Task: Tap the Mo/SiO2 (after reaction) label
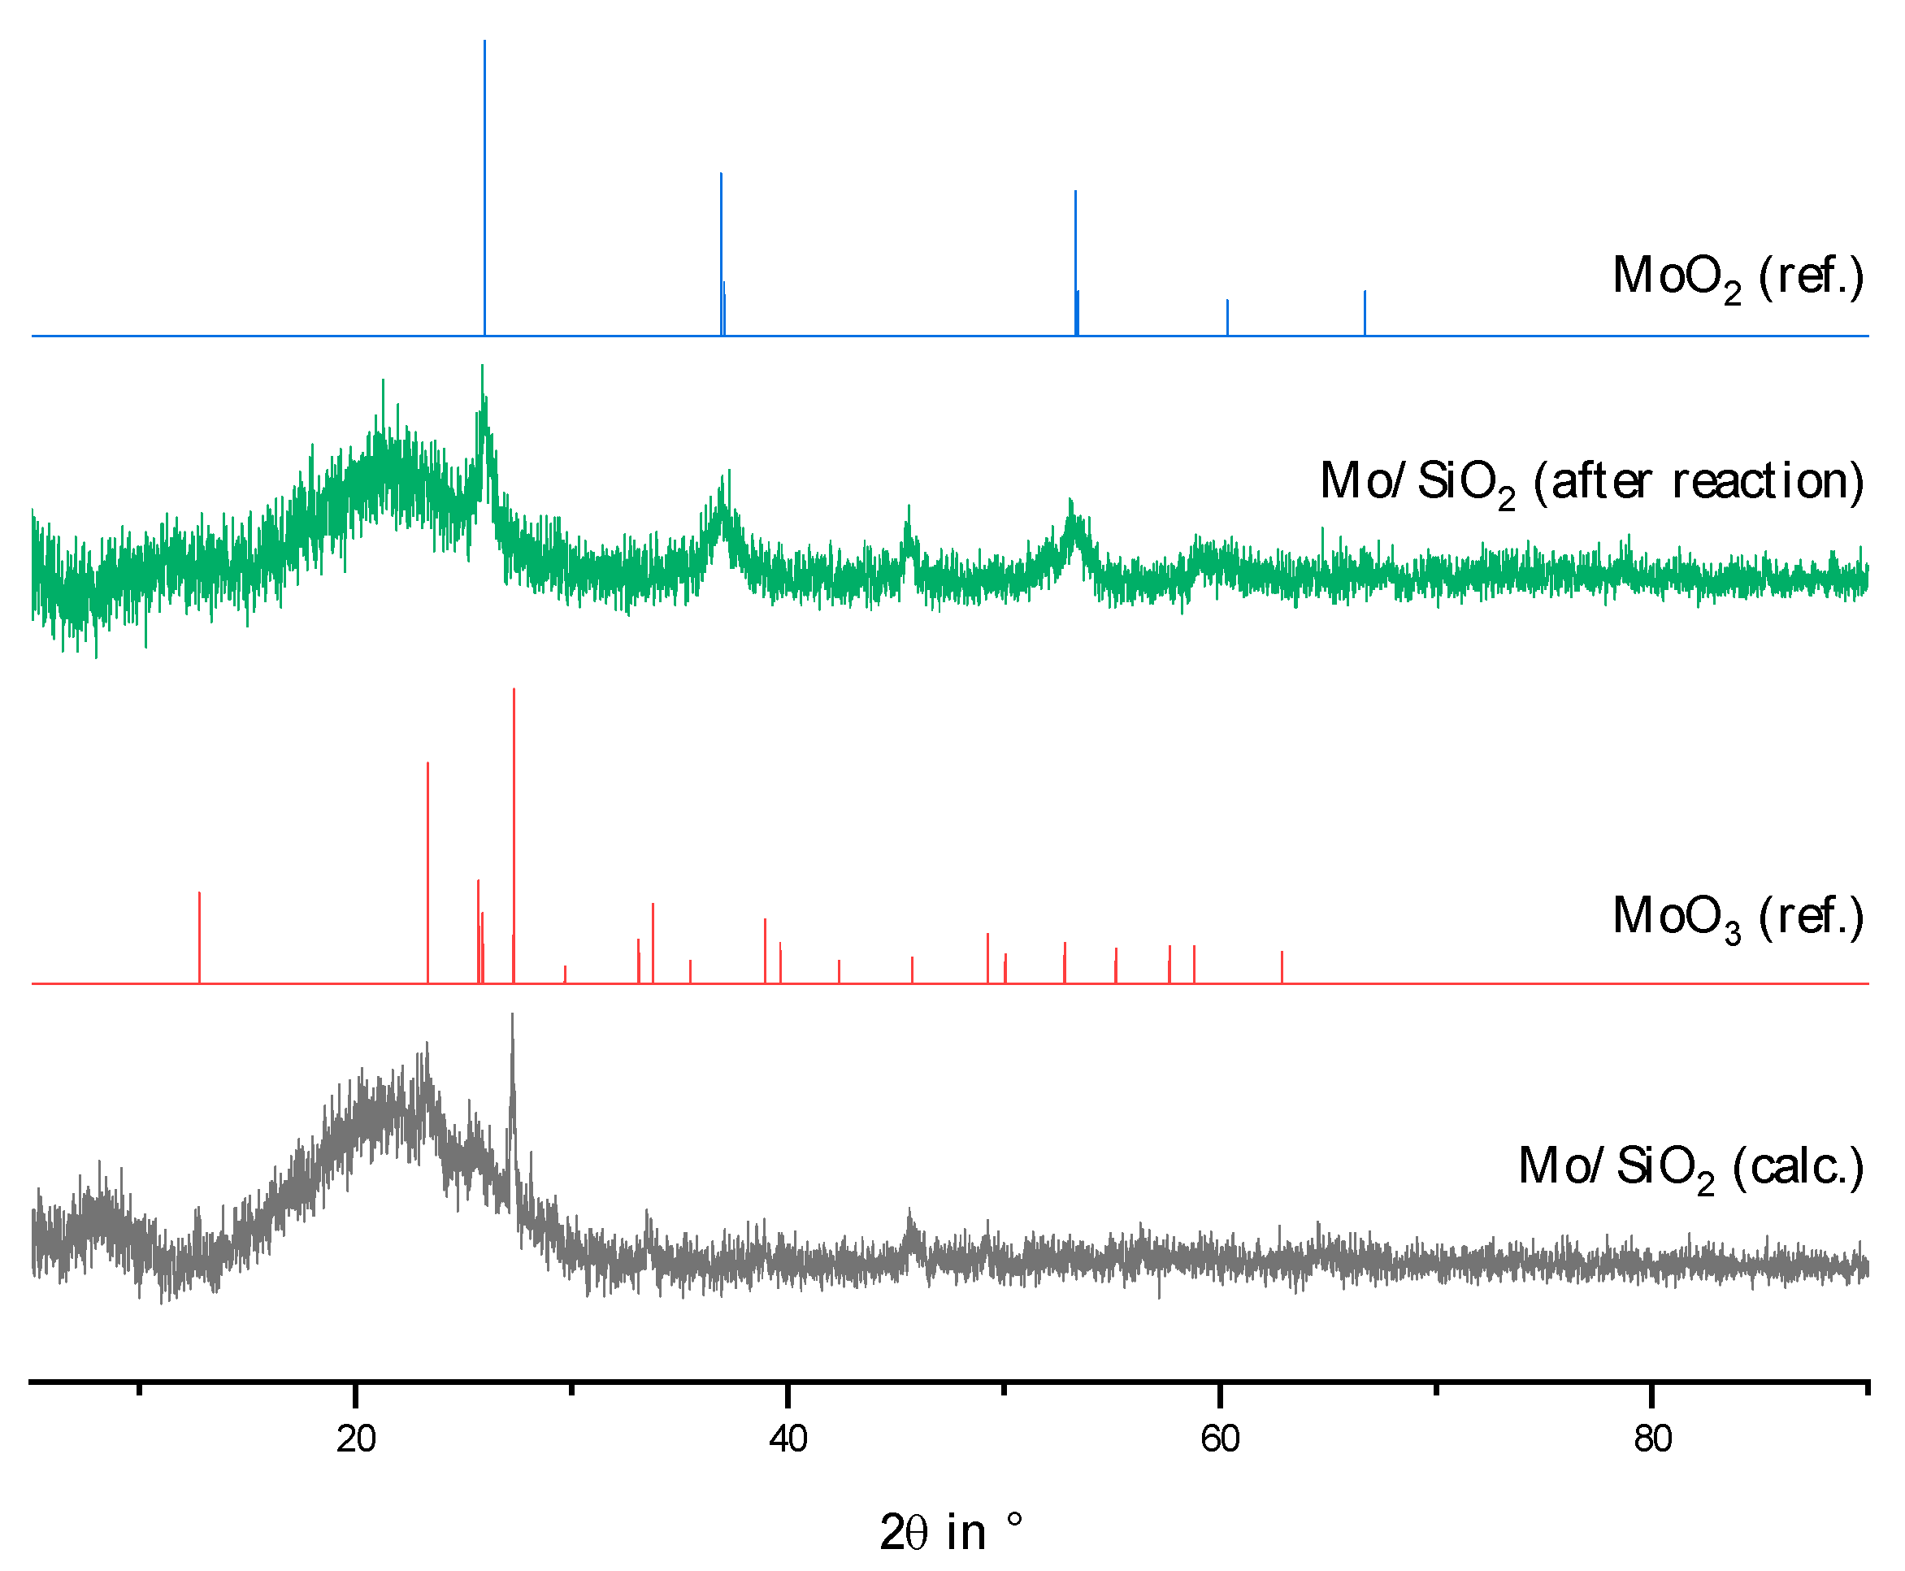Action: [x=1592, y=481]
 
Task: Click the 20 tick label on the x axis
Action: [x=356, y=1439]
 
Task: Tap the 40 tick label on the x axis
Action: [x=788, y=1439]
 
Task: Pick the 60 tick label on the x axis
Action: [x=1219, y=1439]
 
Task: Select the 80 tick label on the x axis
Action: [x=1651, y=1439]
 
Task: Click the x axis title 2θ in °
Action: [x=950, y=1532]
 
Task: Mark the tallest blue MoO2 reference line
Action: [x=484, y=181]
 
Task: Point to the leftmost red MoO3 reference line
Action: [x=199, y=936]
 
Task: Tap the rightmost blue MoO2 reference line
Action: [x=1364, y=312]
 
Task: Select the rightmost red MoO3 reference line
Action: [x=1282, y=966]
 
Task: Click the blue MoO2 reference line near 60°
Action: [x=1227, y=317]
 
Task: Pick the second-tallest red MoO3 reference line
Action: [x=427, y=869]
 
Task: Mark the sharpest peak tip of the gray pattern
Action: [x=512, y=1015]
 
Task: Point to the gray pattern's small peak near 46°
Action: [x=909, y=1213]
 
